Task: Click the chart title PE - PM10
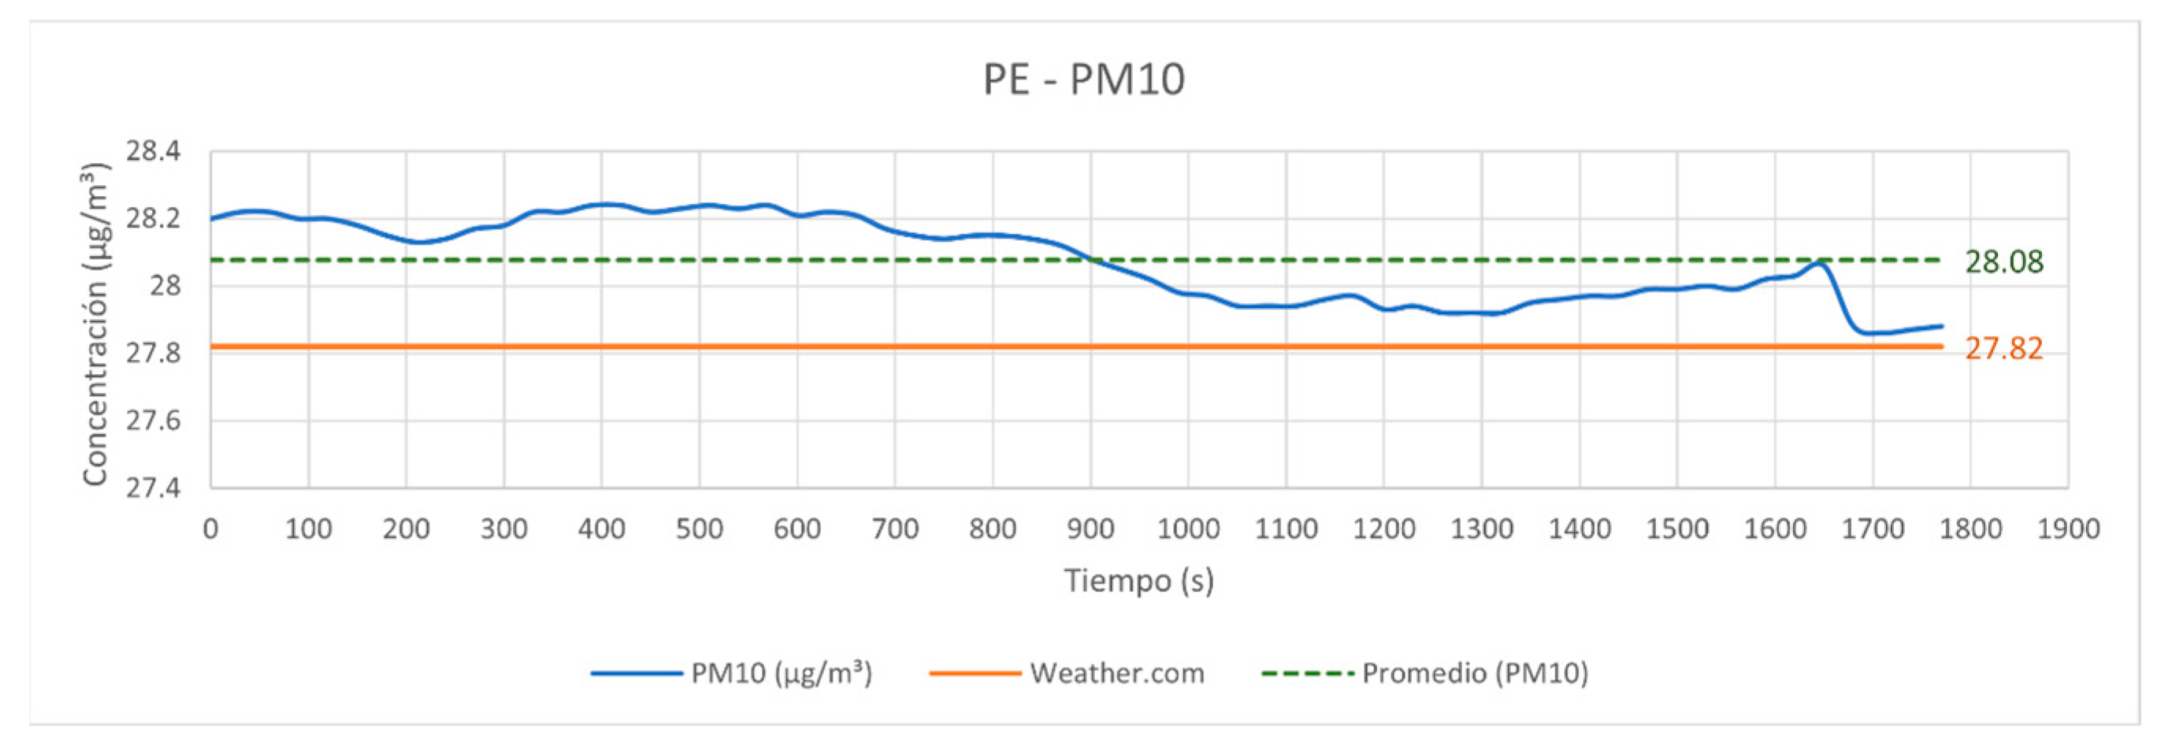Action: click(1083, 80)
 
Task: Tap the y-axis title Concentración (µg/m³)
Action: click(95, 323)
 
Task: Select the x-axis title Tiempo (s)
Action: click(1139, 580)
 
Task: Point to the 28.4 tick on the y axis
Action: click(154, 151)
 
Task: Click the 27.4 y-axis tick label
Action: click(154, 487)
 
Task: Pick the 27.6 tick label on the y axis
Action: click(154, 421)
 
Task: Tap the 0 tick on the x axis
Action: click(211, 529)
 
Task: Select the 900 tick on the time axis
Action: click(1090, 529)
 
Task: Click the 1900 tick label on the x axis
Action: click(2068, 529)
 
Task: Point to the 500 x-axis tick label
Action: click(700, 529)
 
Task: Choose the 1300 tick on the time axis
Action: click(1481, 529)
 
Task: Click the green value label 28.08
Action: click(2003, 262)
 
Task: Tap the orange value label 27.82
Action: click(2003, 348)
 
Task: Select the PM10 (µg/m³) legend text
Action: click(781, 673)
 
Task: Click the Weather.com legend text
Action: click(1117, 673)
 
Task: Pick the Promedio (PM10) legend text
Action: click(1475, 673)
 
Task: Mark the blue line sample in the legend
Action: click(637, 673)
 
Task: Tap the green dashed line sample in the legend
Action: click(1307, 673)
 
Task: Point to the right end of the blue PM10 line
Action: click(1942, 326)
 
